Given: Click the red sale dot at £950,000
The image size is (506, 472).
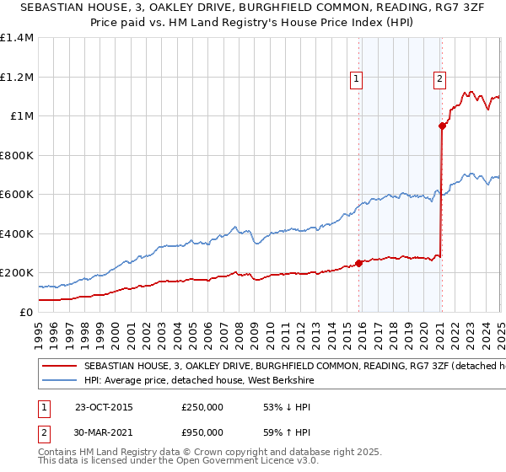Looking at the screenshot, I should pyautogui.click(x=442, y=126).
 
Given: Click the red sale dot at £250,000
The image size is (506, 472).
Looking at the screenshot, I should pyautogui.click(x=359, y=263).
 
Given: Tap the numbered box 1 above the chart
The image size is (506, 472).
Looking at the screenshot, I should pyautogui.click(x=357, y=80).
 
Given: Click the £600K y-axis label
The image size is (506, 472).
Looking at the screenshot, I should pyautogui.click(x=19, y=195).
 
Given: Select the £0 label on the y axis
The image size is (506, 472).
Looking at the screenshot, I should pyautogui.click(x=25, y=312).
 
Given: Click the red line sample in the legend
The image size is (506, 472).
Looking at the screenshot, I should pyautogui.click(x=59, y=367).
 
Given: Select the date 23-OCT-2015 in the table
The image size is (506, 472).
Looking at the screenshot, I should pyautogui.click(x=104, y=407).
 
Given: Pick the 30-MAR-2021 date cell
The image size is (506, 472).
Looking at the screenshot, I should pyautogui.click(x=104, y=432).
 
